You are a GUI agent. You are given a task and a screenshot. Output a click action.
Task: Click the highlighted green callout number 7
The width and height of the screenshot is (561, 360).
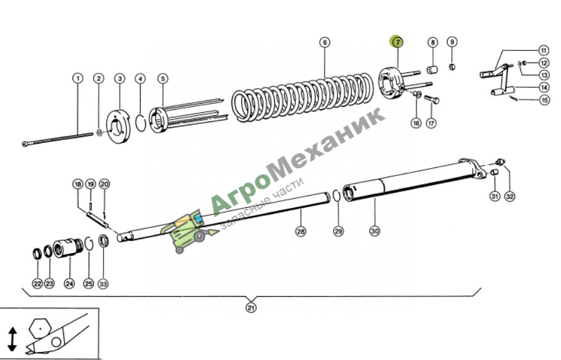(x=397, y=42)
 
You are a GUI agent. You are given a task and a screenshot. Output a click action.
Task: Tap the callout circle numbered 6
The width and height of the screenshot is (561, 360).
(x=325, y=42)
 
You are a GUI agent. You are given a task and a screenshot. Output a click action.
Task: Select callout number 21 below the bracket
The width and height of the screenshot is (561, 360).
(x=251, y=307)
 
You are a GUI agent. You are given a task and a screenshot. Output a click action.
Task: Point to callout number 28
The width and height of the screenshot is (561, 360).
(x=301, y=231)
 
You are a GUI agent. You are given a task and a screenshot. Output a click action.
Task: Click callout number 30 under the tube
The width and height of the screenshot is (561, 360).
(x=374, y=231)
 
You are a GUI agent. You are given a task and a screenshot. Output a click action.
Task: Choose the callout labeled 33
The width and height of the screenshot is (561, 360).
(x=103, y=284)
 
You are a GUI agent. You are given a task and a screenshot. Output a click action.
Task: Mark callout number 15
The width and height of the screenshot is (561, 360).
(x=544, y=100)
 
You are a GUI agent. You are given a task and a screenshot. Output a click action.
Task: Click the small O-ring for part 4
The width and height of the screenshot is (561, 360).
(x=141, y=123)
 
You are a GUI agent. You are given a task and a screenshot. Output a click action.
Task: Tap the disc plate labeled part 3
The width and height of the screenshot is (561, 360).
(x=119, y=126)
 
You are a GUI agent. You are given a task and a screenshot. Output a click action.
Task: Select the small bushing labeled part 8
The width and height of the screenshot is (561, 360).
(x=432, y=69)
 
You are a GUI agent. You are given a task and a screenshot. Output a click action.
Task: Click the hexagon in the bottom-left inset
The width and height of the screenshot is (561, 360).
(x=40, y=328)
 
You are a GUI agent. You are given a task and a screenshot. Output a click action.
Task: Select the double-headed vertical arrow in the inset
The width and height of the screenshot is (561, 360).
(x=12, y=339)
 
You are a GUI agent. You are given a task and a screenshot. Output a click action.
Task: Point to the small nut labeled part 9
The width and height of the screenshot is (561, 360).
(x=452, y=66)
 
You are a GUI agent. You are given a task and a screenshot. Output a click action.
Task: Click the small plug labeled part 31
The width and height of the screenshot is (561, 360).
(x=494, y=172)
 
